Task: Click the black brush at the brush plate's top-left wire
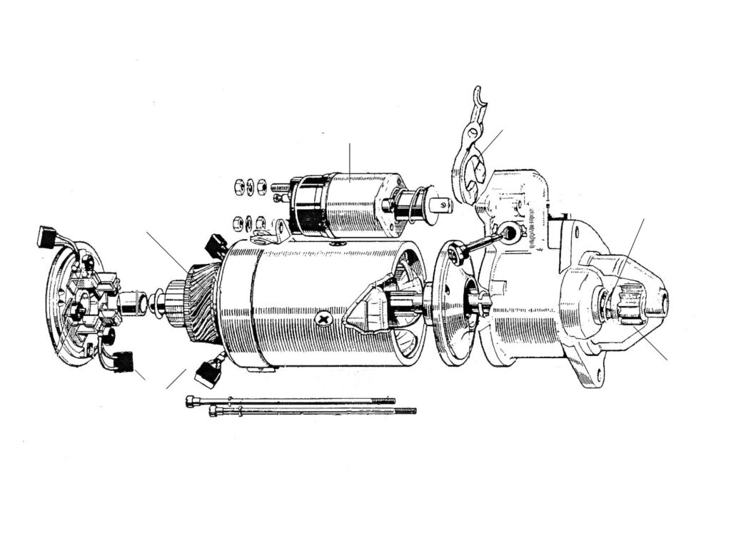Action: tap(47, 235)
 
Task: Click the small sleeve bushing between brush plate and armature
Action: tap(131, 303)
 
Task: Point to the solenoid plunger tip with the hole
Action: tap(443, 206)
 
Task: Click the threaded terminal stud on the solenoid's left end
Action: tap(278, 189)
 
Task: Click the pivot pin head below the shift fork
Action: tap(509, 231)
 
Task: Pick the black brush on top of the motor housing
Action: tap(216, 245)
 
